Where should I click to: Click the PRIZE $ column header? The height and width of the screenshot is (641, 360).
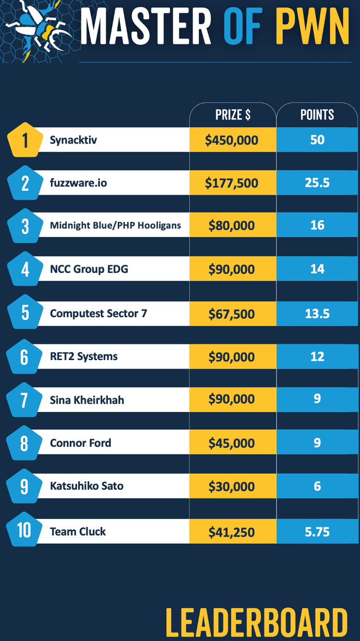coord(233,115)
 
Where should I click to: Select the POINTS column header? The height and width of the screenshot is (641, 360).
coord(317,115)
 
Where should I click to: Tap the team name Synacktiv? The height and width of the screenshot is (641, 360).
coord(73,140)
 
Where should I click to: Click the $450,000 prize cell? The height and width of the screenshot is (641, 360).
coord(232,140)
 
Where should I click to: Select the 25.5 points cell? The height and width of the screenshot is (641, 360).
coord(317,183)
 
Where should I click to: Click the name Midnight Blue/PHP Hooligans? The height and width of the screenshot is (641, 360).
coord(115,226)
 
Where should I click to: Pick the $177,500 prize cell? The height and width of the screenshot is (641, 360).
coord(232,183)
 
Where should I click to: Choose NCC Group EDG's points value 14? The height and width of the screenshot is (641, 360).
coord(317,269)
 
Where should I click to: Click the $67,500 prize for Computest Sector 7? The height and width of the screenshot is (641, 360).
coord(232,314)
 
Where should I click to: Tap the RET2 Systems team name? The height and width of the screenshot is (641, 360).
coord(84,356)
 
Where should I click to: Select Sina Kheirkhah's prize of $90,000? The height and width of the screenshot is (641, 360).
coord(232,400)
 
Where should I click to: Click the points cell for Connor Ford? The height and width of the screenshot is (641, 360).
coord(317,443)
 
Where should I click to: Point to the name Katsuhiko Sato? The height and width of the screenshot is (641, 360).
coord(87,486)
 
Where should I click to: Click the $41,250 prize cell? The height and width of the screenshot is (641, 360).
coord(232,532)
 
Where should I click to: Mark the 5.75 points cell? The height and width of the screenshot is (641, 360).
coord(317,532)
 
